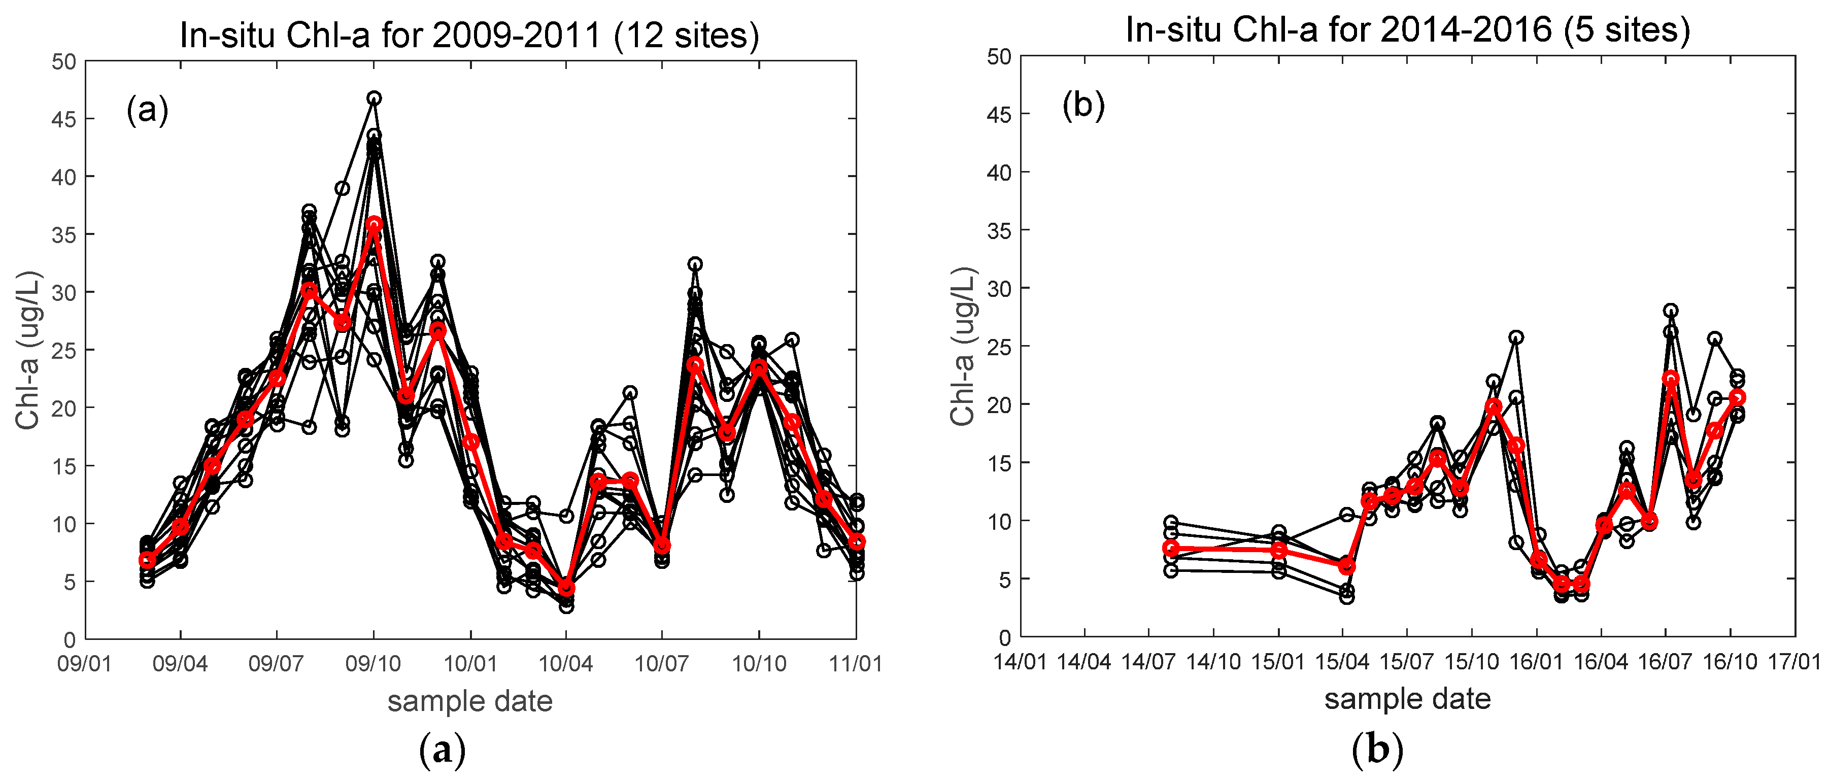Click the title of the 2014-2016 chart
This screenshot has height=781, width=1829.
point(1407,30)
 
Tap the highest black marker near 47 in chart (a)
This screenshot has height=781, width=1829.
point(374,98)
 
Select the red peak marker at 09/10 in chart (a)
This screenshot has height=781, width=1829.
point(374,224)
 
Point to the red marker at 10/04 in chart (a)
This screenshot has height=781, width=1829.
point(566,588)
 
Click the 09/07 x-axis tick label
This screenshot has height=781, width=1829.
point(276,664)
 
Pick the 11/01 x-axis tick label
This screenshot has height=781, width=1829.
point(856,664)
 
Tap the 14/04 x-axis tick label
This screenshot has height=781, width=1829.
point(1084,661)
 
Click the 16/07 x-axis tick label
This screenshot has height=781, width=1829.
point(1665,661)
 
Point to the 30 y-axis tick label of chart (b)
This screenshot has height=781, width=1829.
point(999,289)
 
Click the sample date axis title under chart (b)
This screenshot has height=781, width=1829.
point(1407,699)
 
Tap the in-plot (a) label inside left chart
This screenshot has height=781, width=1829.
point(148,110)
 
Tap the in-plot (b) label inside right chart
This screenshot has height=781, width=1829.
point(1083,105)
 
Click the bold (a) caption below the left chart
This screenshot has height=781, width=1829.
point(443,750)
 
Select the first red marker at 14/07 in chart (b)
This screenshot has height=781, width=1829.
point(1171,548)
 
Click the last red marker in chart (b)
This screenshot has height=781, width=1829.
point(1738,397)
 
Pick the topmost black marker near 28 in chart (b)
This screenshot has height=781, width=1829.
point(1671,310)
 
